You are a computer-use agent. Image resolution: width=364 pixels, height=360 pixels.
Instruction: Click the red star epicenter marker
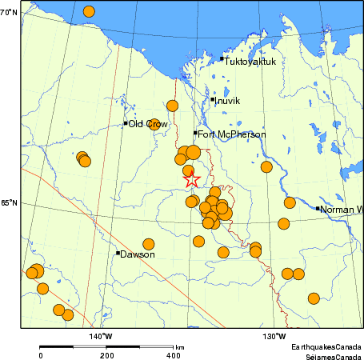pos(191,180)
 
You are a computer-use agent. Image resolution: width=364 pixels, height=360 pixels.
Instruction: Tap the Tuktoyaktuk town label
pos(250,61)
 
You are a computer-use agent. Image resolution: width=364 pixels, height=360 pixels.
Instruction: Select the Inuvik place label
pos(228,101)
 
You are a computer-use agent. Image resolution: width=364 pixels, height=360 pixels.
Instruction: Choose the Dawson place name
pos(138,254)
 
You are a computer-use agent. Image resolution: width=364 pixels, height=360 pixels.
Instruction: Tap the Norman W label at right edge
pos(342,210)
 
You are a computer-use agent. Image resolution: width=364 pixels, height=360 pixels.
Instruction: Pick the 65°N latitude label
pos(9,202)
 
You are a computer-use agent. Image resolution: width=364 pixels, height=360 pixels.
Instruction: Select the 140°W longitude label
pos(100,335)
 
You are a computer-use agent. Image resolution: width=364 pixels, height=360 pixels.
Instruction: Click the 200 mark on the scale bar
pos(106,354)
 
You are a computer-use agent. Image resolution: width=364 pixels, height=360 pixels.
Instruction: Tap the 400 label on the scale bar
pos(172,354)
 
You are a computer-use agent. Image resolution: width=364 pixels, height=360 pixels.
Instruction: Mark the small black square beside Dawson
pos(118,253)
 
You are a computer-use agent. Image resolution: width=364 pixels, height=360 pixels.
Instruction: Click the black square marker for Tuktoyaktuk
pos(222,58)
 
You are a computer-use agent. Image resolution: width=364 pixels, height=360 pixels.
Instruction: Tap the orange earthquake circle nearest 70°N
pos(89,11)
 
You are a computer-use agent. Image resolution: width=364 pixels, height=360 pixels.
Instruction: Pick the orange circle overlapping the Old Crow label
pos(153,124)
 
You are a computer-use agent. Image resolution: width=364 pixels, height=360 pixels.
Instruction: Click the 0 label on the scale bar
pos(41,354)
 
